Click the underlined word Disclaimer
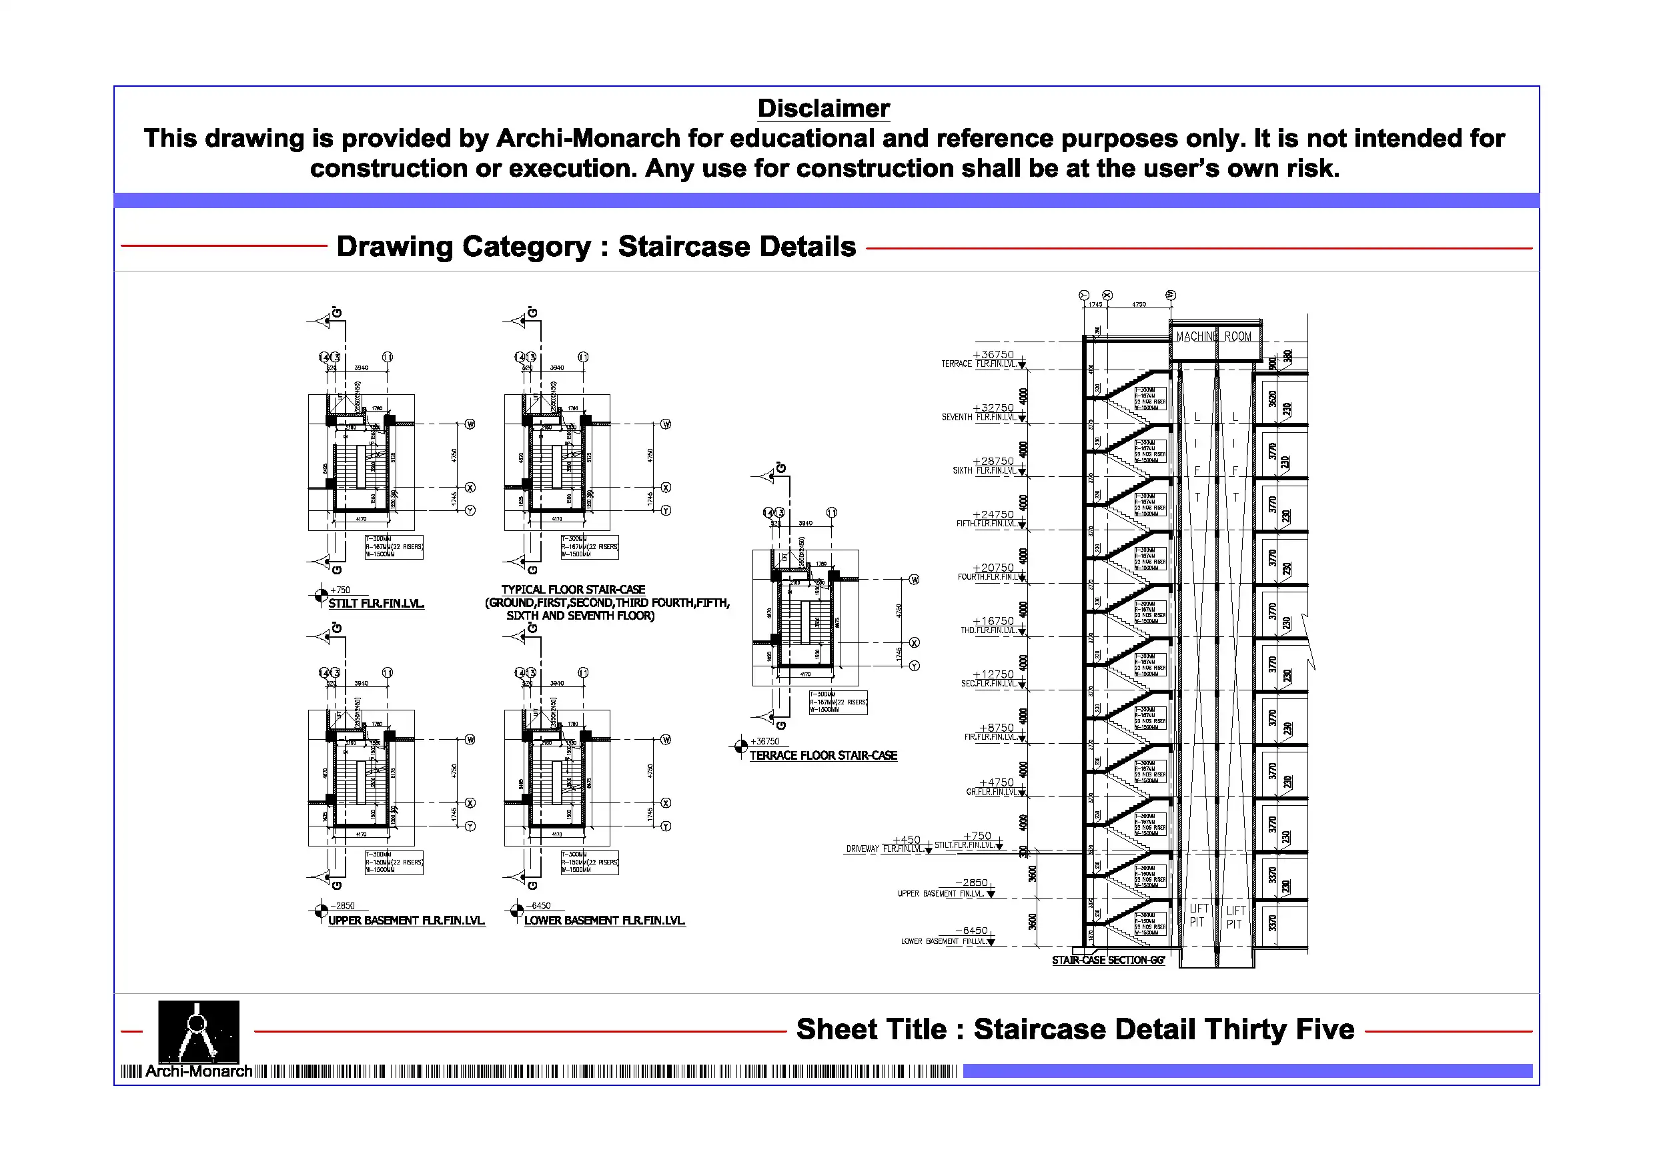(823, 109)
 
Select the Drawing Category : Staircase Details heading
(596, 247)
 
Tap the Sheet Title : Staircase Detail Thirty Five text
(1075, 1029)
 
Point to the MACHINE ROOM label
(1214, 337)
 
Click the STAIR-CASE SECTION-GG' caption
(1108, 961)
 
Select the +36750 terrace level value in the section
(993, 355)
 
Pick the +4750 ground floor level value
(996, 782)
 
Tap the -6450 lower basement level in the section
(972, 931)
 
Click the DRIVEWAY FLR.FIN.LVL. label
(884, 849)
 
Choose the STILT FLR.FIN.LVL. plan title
(376, 604)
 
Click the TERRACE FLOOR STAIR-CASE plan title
(823, 756)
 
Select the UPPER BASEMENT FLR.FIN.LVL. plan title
(406, 921)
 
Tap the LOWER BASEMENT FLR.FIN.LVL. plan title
(604, 921)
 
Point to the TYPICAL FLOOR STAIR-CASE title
(573, 590)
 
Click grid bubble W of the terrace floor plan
(914, 580)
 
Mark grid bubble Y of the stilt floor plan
(470, 510)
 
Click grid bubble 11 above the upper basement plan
(387, 672)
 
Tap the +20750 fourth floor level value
(993, 568)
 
